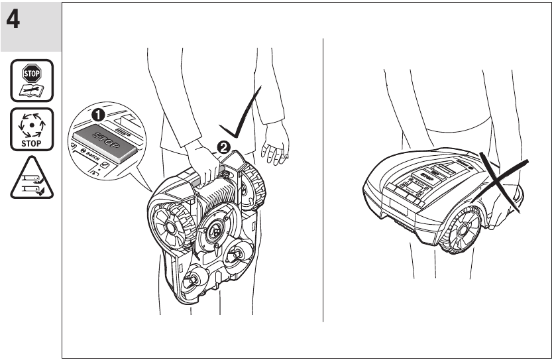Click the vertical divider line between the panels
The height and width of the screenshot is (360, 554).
(x=323, y=179)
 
